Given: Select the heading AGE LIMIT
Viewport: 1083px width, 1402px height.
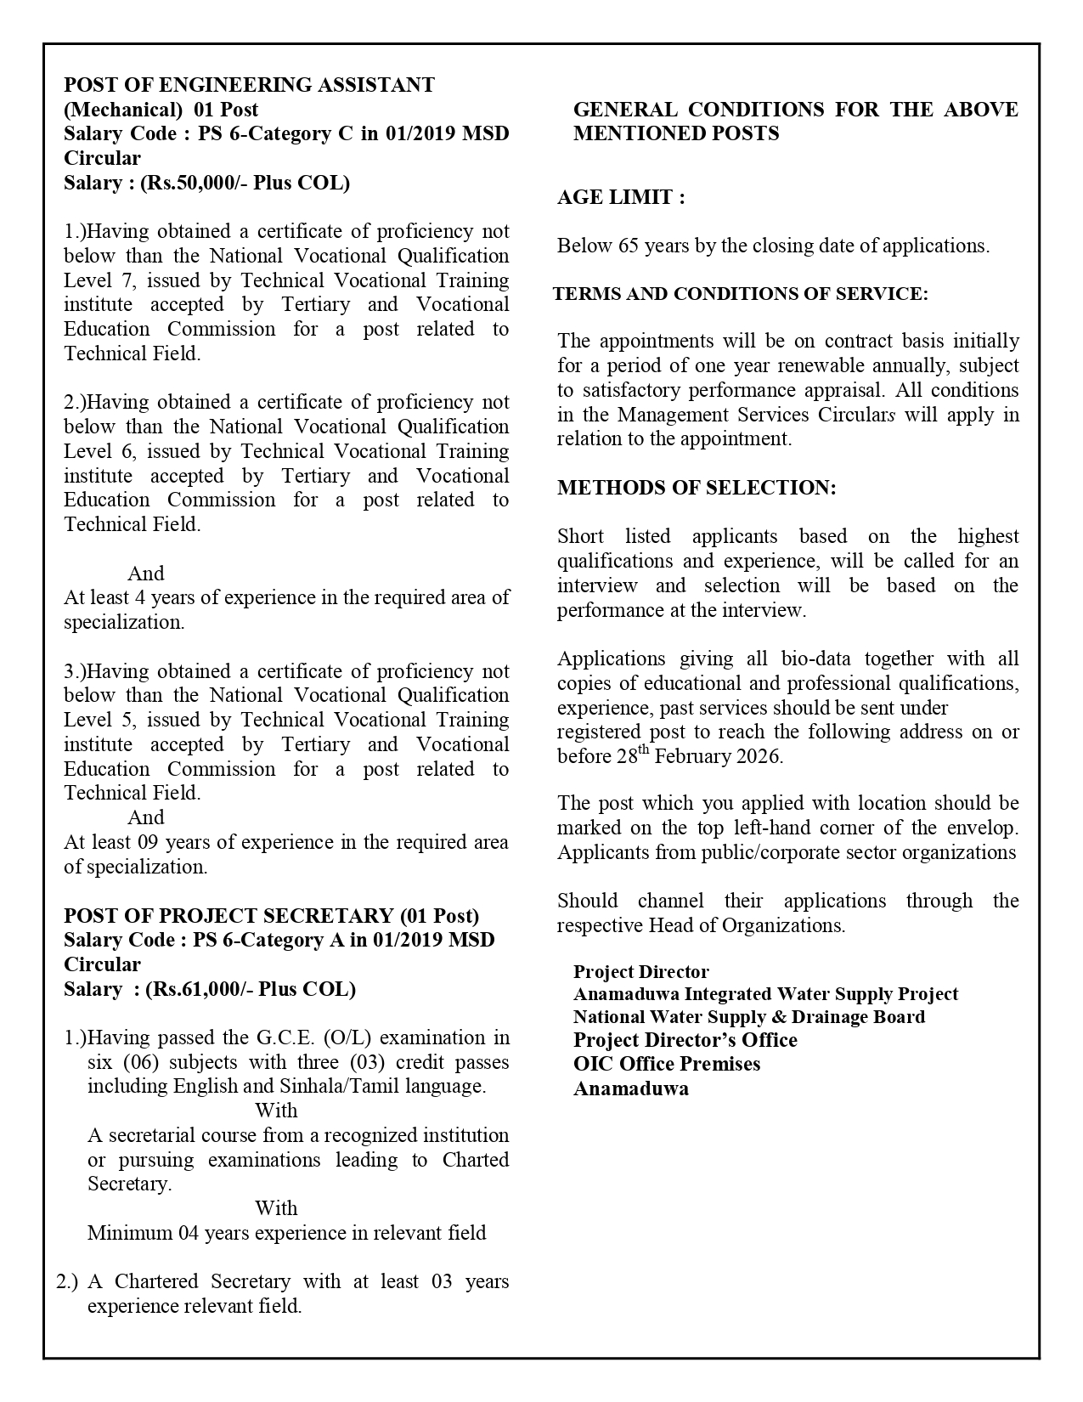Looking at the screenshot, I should coord(621,197).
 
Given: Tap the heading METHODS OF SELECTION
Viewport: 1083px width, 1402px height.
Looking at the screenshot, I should coord(697,488).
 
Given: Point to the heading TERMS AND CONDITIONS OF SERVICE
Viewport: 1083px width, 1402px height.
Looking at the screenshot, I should coord(740,294).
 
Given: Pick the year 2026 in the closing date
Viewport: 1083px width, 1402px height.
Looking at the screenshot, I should coord(759,756).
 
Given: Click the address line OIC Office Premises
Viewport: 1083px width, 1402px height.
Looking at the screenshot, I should coord(667,1064).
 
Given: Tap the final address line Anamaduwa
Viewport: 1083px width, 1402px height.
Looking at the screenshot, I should coord(631,1088).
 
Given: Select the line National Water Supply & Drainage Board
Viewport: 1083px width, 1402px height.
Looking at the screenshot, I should coord(749,1017).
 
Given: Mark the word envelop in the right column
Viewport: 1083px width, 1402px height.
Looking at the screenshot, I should coord(983,828).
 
